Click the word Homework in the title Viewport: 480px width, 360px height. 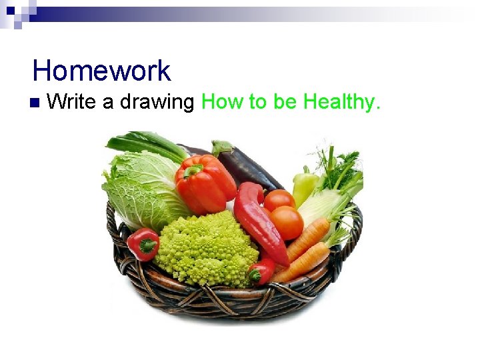pos(101,71)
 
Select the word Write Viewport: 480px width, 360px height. pos(71,102)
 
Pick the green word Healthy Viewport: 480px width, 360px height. pos(341,103)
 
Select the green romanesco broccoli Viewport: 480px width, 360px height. pos(207,250)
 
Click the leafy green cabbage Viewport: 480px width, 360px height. pos(140,190)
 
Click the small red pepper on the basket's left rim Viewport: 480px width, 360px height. pos(143,244)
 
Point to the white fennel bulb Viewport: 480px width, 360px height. pos(320,207)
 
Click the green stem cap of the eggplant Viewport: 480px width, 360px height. pos(221,147)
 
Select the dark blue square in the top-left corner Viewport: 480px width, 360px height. pos(10,10)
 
